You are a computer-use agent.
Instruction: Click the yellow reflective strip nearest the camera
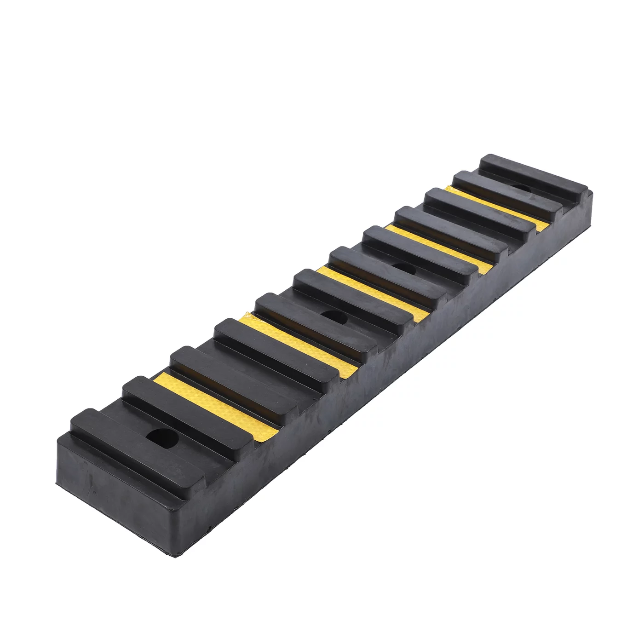216,405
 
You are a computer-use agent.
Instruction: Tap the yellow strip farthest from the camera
499,207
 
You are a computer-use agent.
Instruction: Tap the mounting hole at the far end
520,189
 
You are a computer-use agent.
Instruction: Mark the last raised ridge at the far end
534,177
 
